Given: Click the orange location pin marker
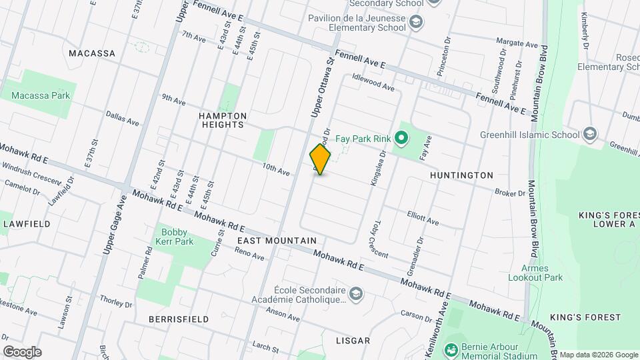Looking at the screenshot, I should [320, 159].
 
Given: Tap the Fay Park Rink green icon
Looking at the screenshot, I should [401, 139].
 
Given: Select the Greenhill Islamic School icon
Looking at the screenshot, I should [589, 135].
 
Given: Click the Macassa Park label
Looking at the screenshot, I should [41, 95].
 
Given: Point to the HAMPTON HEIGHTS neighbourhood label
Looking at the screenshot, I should [223, 120].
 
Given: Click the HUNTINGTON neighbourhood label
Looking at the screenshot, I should [461, 175].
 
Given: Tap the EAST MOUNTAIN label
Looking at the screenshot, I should [277, 240].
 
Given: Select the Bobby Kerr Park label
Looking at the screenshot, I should [177, 237].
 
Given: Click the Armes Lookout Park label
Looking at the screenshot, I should [535, 273].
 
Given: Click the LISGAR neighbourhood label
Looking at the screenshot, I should [353, 341].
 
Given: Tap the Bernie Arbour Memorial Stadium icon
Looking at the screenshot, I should [452, 349].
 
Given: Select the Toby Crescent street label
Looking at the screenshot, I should [381, 239].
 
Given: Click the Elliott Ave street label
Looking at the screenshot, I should [423, 217].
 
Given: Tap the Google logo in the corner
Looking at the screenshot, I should [22, 352].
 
